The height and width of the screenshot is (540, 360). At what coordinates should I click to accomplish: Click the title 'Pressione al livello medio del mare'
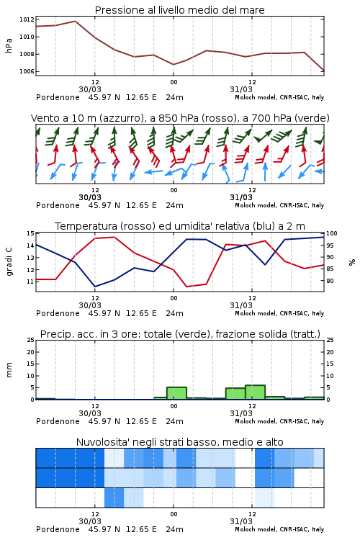click(x=179, y=10)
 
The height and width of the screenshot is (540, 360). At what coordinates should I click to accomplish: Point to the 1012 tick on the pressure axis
click(x=27, y=19)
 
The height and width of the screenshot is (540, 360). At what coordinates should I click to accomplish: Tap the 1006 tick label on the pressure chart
click(x=27, y=71)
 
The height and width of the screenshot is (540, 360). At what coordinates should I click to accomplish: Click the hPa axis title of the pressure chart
click(x=9, y=45)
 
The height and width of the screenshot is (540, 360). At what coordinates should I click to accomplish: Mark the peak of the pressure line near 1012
click(x=75, y=21)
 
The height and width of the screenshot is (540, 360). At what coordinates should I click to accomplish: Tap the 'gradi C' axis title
click(x=9, y=262)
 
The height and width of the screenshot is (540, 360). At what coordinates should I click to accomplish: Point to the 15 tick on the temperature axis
click(x=30, y=233)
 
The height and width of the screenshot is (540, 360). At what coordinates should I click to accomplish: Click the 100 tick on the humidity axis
click(x=331, y=233)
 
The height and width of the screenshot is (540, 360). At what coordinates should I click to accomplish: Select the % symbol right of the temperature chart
click(x=352, y=262)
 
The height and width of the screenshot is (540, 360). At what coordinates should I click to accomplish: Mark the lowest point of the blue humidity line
click(x=95, y=287)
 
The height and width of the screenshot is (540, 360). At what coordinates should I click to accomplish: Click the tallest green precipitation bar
click(x=256, y=392)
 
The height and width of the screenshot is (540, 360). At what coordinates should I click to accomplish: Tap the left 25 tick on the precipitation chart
click(x=30, y=341)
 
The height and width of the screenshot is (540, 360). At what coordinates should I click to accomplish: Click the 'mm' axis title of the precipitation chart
click(x=9, y=370)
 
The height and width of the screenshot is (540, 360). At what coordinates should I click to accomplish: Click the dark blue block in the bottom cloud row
click(x=114, y=498)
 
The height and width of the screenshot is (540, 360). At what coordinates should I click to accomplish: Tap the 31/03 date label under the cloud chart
click(x=241, y=521)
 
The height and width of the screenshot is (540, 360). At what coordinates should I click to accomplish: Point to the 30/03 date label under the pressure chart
click(x=90, y=89)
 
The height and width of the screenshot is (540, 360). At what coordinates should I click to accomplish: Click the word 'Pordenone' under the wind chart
click(x=58, y=206)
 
